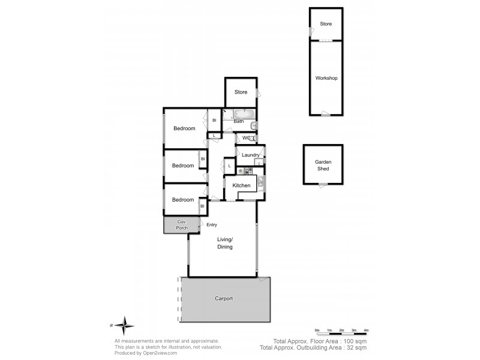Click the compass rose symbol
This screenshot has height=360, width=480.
(x=124, y=325)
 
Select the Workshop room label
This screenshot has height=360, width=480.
(x=326, y=79)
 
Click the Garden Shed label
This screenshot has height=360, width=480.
(x=323, y=166)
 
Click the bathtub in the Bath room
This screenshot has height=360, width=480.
(x=244, y=113)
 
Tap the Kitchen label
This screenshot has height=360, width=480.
(x=241, y=186)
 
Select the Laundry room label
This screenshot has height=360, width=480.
(x=250, y=155)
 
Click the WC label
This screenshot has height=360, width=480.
(x=246, y=138)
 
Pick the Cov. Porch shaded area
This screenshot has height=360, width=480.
(x=182, y=225)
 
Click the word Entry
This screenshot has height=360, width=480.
(x=212, y=225)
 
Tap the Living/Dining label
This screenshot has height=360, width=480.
(x=225, y=243)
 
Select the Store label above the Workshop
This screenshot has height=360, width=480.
(x=326, y=24)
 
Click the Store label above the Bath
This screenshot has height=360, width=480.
(x=241, y=92)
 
